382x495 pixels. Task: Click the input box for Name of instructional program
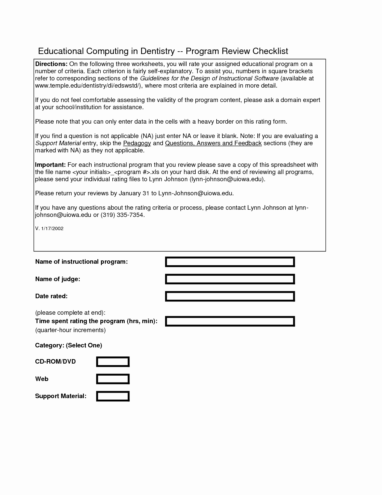click(230, 262)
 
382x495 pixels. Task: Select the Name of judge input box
click(230, 279)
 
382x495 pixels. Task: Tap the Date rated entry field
click(230, 296)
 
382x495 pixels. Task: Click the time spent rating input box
click(230, 321)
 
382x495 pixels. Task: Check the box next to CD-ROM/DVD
click(113, 362)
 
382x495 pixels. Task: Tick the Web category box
click(113, 379)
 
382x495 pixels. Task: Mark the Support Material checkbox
click(113, 396)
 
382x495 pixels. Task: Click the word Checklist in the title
click(270, 51)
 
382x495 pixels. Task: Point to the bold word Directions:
click(51, 64)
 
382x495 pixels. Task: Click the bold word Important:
click(50, 165)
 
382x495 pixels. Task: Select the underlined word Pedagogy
click(137, 143)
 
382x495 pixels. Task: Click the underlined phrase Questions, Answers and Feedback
click(213, 143)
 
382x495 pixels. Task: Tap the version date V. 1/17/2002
click(49, 228)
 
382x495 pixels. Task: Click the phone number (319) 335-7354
click(123, 215)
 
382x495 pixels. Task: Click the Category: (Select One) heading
click(69, 345)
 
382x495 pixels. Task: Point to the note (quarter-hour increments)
click(70, 330)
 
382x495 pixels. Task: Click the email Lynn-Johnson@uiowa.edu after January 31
click(195, 193)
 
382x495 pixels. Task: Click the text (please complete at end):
click(70, 313)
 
